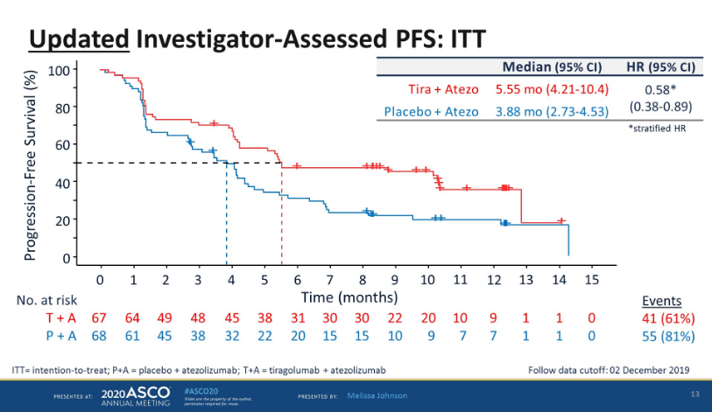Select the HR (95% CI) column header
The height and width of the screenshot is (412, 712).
click(x=660, y=66)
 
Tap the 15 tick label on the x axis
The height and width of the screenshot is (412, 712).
click(x=591, y=279)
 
